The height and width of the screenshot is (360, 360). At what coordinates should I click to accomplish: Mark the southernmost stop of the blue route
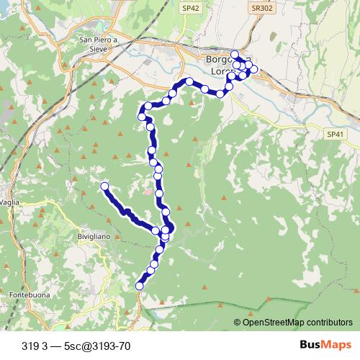click(x=140, y=286)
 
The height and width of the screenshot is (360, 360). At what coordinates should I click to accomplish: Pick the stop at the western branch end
click(x=104, y=186)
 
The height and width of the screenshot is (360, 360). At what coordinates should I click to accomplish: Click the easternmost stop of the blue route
click(x=253, y=69)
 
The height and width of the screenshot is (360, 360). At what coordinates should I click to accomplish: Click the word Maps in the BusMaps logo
click(x=334, y=345)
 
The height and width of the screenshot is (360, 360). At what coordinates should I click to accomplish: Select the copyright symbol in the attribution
click(x=238, y=322)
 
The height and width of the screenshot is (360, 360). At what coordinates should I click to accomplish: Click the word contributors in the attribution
click(x=323, y=322)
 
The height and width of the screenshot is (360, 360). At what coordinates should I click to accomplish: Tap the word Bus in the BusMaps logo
click(x=310, y=345)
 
